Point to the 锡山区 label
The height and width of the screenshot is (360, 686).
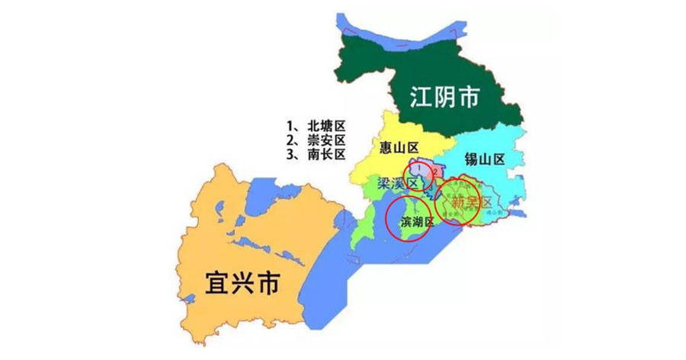coord(484,159)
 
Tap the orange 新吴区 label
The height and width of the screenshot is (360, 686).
coord(467,204)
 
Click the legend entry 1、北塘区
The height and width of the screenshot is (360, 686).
coord(316,125)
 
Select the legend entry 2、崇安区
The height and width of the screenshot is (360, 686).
coord(316,140)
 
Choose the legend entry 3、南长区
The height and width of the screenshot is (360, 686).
coord(316,154)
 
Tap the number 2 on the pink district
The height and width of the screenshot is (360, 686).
coord(434,172)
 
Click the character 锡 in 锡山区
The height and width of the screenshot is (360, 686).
coord(470,159)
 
